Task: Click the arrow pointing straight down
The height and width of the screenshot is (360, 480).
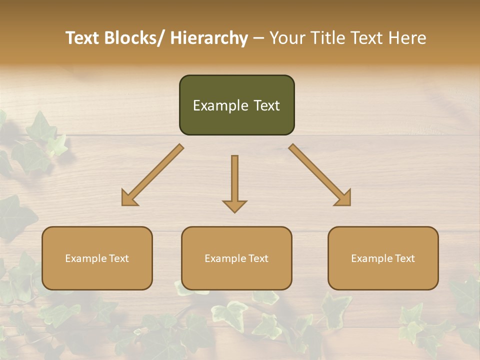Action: coord(234,182)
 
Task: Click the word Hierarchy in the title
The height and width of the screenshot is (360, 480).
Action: coord(209,38)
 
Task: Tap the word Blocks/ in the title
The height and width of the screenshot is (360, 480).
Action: coord(132,38)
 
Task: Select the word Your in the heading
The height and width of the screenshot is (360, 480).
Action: coord(286,38)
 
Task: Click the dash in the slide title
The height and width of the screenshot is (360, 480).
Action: coord(258,38)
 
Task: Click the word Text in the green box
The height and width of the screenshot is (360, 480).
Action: coord(266,105)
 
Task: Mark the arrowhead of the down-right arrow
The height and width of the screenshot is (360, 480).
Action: coord(343,198)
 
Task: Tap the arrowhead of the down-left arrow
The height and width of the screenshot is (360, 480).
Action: coord(128,198)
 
